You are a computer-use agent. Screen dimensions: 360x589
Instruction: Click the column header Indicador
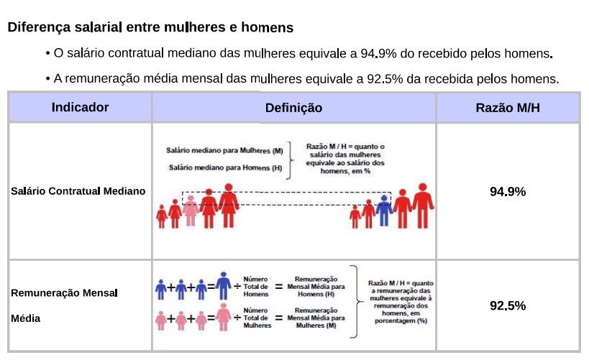[x=80, y=108]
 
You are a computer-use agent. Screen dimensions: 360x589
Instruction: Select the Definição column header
[x=293, y=108]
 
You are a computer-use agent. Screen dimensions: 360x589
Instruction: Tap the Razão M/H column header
[x=507, y=108]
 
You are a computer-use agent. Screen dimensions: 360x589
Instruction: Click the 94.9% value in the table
[x=507, y=192]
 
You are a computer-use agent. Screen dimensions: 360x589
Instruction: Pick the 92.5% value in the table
[x=507, y=305]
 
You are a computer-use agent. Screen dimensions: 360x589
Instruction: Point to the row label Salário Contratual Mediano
[x=78, y=191]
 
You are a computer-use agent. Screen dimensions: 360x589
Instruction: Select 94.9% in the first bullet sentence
[x=376, y=54]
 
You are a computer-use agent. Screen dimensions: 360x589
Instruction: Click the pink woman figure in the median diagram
[x=191, y=211]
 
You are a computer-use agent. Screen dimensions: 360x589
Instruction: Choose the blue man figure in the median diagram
[x=384, y=210]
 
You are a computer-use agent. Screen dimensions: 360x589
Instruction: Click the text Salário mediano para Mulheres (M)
[x=224, y=151]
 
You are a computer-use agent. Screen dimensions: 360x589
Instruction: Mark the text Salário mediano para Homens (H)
[x=226, y=167]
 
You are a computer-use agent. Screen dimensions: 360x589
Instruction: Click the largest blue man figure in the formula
[x=224, y=285]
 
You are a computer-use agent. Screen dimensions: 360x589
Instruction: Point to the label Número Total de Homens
[x=257, y=286]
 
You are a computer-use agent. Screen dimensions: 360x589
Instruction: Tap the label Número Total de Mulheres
[x=257, y=318]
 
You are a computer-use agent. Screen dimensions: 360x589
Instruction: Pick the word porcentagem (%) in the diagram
[x=401, y=320]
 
